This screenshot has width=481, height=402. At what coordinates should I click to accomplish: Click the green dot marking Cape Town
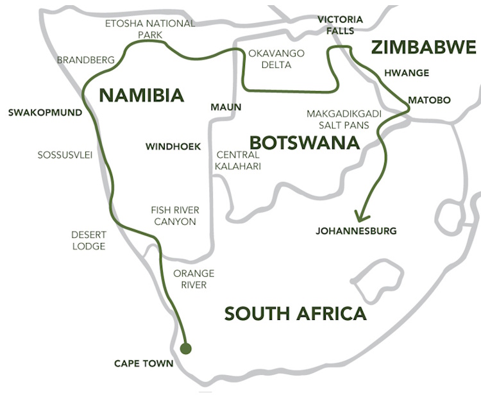point(186,349)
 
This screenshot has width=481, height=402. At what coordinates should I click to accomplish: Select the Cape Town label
point(144,364)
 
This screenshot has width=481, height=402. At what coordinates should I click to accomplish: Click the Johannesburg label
point(356,231)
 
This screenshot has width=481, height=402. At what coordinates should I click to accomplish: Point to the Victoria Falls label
point(340,25)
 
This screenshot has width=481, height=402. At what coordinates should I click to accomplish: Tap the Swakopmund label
point(45,112)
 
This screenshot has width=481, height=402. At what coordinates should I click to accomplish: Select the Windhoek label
point(173,147)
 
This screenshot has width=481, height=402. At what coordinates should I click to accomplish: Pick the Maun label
point(226,107)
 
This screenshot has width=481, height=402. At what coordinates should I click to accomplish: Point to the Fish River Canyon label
point(174,215)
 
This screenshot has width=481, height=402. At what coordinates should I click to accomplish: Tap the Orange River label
point(194,279)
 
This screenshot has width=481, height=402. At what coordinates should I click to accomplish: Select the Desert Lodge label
point(89,240)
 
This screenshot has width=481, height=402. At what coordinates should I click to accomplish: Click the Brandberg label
point(86,60)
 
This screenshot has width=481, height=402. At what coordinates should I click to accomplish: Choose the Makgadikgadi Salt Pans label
point(344,119)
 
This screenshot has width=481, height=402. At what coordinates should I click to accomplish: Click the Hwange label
point(407,73)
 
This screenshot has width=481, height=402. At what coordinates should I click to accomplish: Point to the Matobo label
point(429,100)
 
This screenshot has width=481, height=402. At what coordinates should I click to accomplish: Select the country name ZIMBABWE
point(423,47)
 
